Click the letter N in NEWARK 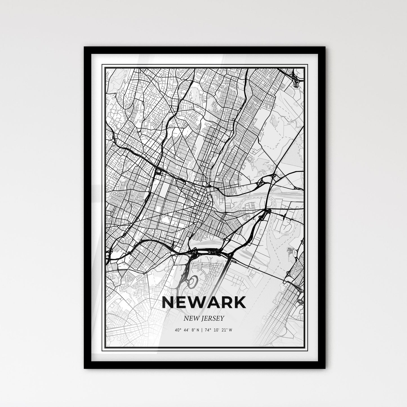click(x=168, y=303)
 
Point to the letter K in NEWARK click(x=239, y=303)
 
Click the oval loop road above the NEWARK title click(x=192, y=282)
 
